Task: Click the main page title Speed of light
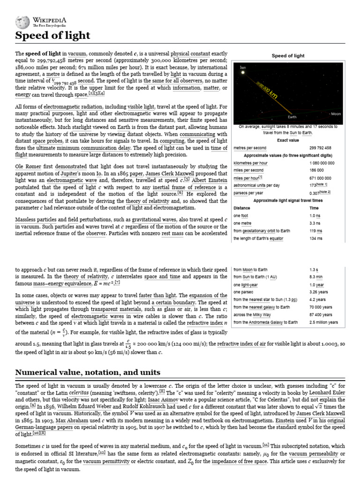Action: (52, 36)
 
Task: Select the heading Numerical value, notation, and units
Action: (88, 372)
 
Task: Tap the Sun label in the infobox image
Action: (243, 67)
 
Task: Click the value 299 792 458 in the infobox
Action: (321, 148)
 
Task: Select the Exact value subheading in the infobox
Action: (288, 140)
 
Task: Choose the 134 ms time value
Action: (316, 238)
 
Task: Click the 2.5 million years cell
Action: (323, 322)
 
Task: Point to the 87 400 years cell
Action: (321, 315)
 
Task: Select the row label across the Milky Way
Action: (252, 315)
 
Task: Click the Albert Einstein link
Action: (210, 180)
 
